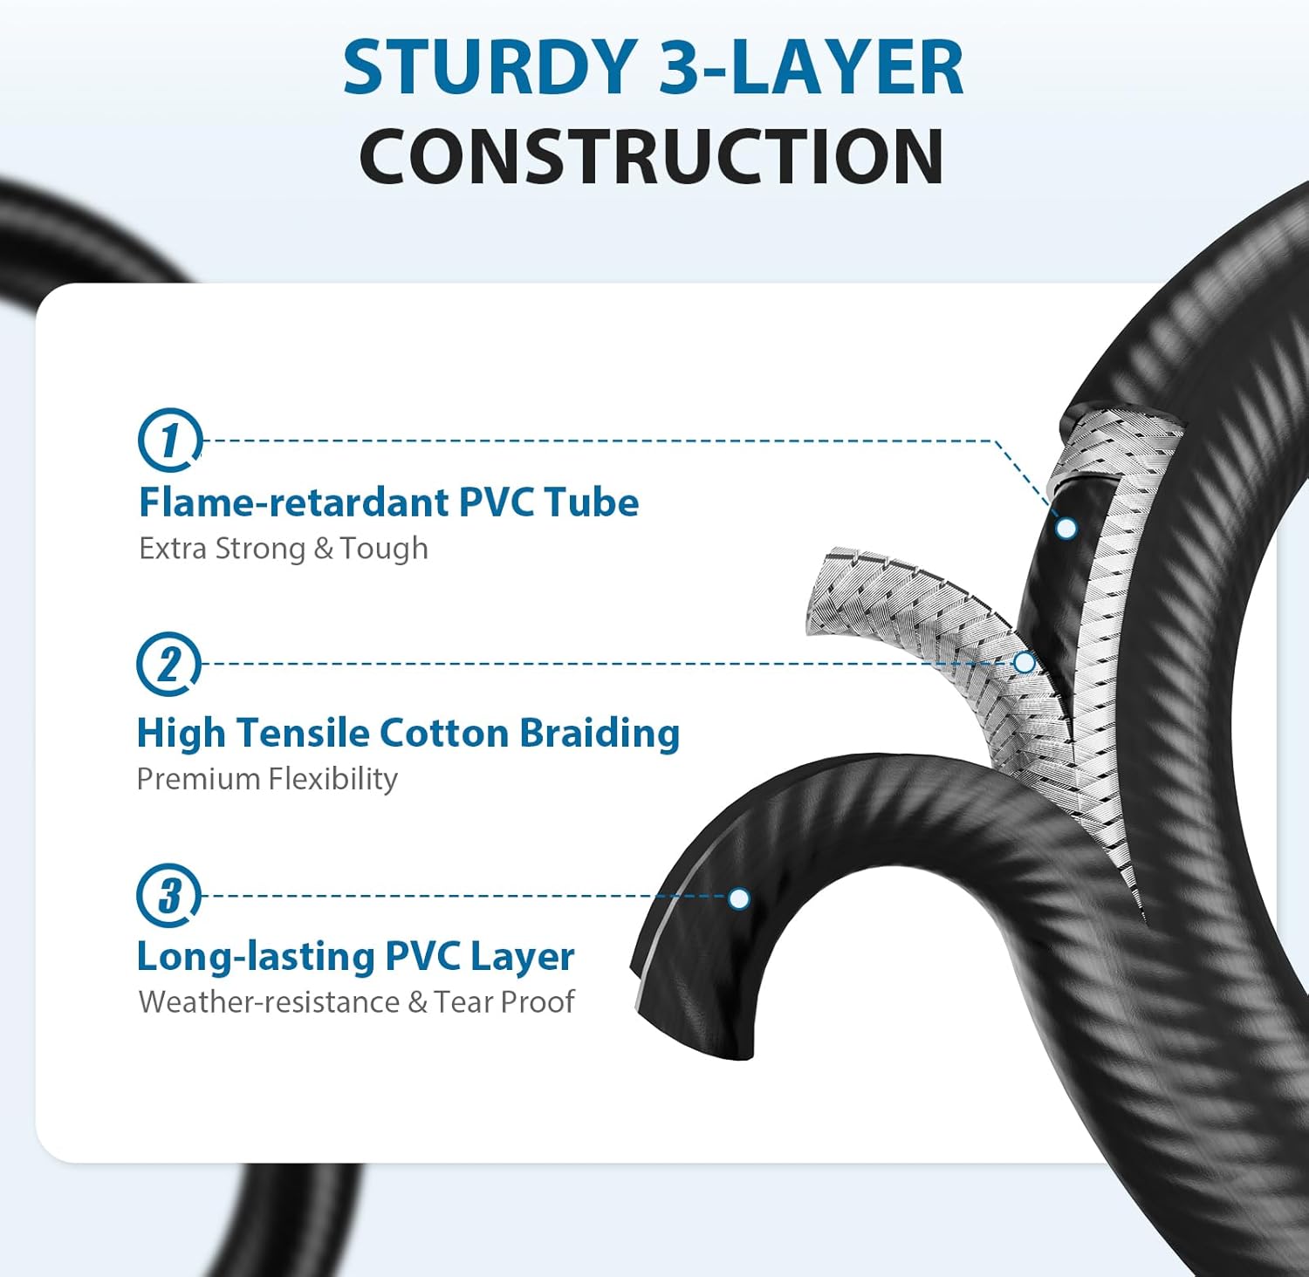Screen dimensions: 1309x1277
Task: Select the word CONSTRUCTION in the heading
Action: tap(652, 156)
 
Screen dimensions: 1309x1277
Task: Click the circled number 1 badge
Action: tap(170, 440)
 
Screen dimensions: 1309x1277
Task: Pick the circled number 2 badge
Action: tap(168, 664)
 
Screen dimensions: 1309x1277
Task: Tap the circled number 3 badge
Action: tap(168, 896)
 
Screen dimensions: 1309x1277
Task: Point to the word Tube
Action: tap(592, 502)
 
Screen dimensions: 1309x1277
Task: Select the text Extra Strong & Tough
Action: tap(284, 549)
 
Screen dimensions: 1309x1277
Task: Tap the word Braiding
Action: tap(600, 734)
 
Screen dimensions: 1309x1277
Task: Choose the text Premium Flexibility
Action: tap(267, 778)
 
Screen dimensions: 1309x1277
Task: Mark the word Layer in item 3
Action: tap(522, 958)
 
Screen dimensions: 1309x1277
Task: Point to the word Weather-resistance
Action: tap(270, 1001)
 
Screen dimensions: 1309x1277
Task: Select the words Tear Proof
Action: tap(504, 1001)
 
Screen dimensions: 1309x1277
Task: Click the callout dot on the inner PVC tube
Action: tap(1066, 528)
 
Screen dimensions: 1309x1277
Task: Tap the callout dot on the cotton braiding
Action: tap(1025, 663)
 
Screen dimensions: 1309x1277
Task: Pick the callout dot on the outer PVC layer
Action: tap(739, 898)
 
